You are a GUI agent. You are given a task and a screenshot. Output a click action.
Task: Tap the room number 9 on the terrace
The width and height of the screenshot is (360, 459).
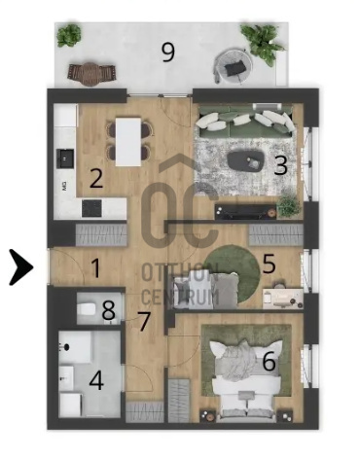(168, 53)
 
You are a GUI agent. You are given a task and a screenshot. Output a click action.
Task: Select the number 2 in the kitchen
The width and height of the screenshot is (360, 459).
(96, 178)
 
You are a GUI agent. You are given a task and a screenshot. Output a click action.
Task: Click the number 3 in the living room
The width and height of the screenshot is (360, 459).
(280, 165)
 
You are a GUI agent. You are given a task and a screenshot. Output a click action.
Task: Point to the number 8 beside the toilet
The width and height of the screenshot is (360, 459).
(109, 310)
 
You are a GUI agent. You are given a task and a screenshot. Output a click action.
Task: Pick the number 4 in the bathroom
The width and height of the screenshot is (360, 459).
(96, 380)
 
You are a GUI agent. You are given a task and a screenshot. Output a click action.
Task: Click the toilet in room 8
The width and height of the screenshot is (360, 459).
(87, 308)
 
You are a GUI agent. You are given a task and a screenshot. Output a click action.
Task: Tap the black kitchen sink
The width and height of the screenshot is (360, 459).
(65, 159)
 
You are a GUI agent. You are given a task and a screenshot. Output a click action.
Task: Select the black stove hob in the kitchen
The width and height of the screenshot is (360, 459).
(91, 208)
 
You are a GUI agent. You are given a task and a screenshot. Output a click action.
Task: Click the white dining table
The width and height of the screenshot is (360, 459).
(128, 142)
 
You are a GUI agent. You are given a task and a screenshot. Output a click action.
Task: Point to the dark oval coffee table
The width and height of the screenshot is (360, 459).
(246, 161)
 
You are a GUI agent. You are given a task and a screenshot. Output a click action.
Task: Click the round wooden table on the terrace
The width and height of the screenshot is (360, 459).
(90, 74)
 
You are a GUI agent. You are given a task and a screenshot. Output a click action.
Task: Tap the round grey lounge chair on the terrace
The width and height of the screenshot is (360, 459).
(233, 66)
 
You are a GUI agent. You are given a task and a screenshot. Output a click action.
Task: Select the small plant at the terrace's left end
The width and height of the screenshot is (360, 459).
(69, 35)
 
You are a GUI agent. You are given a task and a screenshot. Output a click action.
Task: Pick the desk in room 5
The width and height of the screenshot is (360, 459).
(282, 298)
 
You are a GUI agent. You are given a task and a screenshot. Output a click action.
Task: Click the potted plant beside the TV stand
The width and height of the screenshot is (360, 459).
(288, 206)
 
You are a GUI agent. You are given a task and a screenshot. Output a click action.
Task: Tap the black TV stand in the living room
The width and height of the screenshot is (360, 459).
(245, 211)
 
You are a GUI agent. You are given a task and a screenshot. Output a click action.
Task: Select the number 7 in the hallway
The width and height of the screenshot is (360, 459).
(144, 321)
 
